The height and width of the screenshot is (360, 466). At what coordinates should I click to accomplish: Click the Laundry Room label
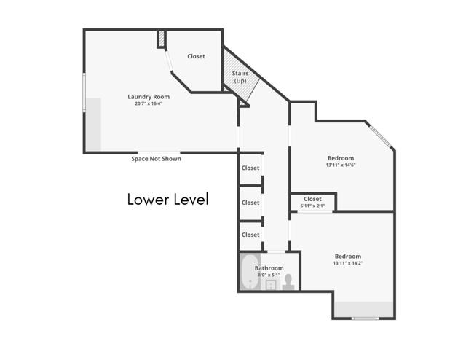(x=149, y=97)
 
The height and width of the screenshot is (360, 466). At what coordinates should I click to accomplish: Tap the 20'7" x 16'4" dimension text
(x=149, y=104)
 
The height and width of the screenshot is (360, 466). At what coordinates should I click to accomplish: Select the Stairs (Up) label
(x=240, y=77)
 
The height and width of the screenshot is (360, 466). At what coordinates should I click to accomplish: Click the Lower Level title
(x=167, y=199)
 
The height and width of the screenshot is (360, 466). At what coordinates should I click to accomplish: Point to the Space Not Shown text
(x=156, y=159)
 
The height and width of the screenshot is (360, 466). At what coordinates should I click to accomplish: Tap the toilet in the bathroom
(x=288, y=281)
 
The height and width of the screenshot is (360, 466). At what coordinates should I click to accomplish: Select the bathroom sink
(x=269, y=284)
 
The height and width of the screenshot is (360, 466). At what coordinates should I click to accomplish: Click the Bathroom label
(x=269, y=268)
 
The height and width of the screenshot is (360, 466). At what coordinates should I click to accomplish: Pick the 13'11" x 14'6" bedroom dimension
(x=340, y=165)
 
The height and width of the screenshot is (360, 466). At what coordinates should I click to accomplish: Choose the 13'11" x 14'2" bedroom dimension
(x=347, y=263)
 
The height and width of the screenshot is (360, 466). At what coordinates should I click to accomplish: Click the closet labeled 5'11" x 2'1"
(x=312, y=202)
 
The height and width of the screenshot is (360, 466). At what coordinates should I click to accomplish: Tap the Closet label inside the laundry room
(x=196, y=56)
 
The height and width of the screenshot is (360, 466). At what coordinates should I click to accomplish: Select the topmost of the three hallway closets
(x=250, y=168)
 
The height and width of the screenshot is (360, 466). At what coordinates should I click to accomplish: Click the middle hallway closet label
(x=250, y=203)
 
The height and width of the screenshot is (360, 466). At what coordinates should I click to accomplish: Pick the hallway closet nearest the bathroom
(x=250, y=235)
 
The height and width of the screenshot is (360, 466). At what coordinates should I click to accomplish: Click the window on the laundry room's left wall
(x=84, y=93)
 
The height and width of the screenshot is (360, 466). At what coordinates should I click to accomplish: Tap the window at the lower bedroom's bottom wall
(x=364, y=318)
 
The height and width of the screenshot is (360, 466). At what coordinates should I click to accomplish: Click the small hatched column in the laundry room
(x=162, y=39)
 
